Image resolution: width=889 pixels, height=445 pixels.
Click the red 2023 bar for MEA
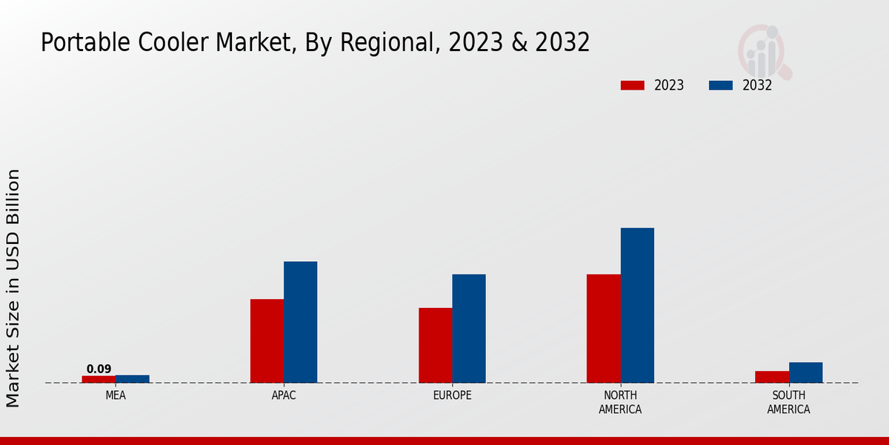click(99, 379)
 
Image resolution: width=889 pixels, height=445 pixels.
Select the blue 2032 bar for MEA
click(133, 379)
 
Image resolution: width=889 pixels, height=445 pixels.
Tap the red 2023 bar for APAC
click(267, 341)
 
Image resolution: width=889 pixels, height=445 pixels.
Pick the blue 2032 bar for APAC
click(300, 322)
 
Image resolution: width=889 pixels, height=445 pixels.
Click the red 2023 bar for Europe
click(435, 346)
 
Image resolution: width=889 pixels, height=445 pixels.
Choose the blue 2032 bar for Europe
click(469, 329)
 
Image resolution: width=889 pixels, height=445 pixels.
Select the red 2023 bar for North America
click(603, 329)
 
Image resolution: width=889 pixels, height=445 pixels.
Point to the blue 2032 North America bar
click(637, 306)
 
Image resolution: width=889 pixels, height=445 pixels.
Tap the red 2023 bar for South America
click(771, 377)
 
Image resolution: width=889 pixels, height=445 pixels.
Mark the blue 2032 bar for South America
click(805, 372)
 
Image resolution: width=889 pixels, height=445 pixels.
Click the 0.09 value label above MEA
click(99, 369)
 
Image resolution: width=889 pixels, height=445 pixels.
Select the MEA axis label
click(116, 395)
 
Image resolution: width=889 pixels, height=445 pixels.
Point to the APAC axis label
click(284, 395)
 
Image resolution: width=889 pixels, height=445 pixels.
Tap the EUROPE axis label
click(452, 395)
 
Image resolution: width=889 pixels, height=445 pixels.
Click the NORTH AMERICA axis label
click(620, 402)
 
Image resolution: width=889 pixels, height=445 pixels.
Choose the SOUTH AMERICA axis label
click(788, 402)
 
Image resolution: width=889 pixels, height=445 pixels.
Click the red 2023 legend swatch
click(632, 85)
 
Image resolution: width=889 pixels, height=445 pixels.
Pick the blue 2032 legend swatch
click(721, 85)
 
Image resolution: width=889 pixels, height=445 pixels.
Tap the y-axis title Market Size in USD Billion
click(13, 288)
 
